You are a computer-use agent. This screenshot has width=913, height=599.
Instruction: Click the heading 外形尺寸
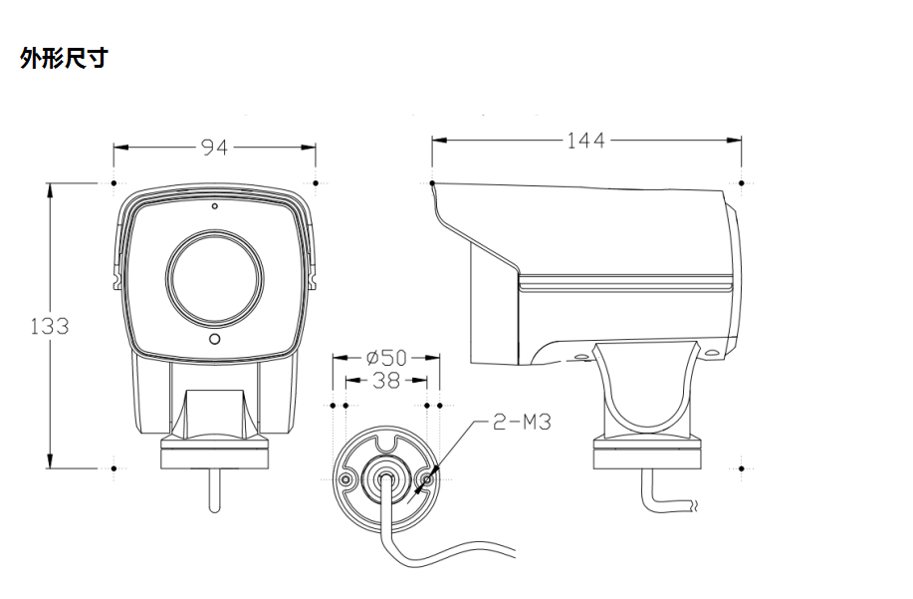[63, 59]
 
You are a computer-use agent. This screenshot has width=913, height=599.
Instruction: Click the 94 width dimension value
[214, 148]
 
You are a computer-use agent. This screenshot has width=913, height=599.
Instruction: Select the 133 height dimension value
[49, 326]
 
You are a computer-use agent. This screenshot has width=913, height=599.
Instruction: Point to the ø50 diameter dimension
[386, 357]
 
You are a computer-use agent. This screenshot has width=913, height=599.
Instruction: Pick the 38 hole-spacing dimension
[386, 380]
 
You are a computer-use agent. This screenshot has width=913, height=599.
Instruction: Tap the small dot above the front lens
[214, 207]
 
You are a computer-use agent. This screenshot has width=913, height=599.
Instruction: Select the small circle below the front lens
[214, 340]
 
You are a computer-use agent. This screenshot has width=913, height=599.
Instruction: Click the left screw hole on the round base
[345, 480]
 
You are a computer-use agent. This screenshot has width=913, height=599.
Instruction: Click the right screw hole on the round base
[427, 480]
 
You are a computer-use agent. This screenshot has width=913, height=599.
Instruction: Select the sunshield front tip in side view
[435, 188]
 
